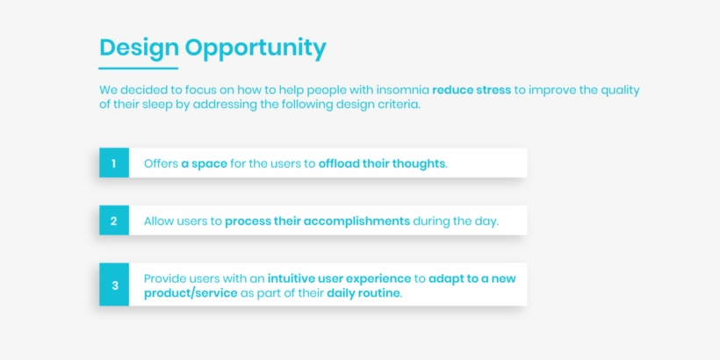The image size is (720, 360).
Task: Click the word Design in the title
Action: coord(139,48)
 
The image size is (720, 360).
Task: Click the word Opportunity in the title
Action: coord(256,48)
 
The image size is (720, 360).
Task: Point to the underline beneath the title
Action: coord(138,68)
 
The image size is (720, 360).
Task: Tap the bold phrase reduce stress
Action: coord(472,90)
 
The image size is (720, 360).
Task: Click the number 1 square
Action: coord(114,163)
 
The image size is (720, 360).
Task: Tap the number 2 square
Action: coord(114,220)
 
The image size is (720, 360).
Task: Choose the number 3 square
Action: coord(114,284)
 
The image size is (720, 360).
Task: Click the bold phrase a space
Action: coord(205,164)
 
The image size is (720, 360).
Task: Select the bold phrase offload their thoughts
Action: coord(382,163)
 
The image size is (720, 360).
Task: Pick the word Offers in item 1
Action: coord(162,163)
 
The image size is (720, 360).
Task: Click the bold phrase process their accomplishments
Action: coord(317,221)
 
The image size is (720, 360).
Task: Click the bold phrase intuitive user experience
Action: coord(339,278)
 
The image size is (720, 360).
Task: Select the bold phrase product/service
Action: coord(191,293)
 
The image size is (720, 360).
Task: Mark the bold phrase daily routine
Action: coord(364,293)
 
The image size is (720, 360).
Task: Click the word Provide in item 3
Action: coord(164,278)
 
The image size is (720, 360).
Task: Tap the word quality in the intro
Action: coord(620,90)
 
